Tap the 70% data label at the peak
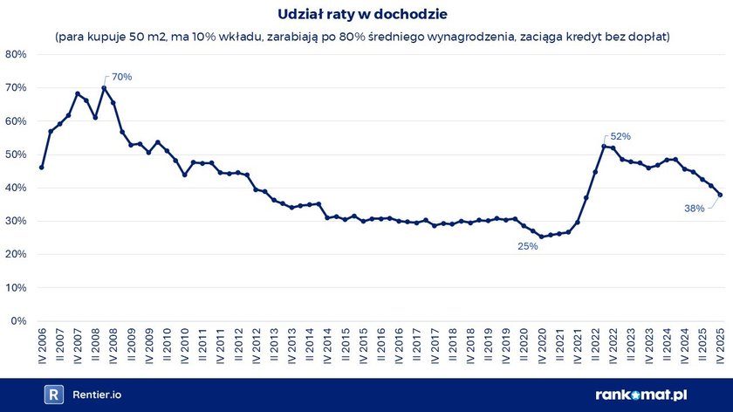point(121,77)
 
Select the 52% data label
point(620,136)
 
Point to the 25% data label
point(527,247)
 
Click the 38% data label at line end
point(695,209)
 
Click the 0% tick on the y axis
point(19,321)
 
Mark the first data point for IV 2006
point(41,168)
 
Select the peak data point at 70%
point(104,87)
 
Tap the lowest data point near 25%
point(541,237)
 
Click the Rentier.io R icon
point(54,395)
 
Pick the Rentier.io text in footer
point(97,395)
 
